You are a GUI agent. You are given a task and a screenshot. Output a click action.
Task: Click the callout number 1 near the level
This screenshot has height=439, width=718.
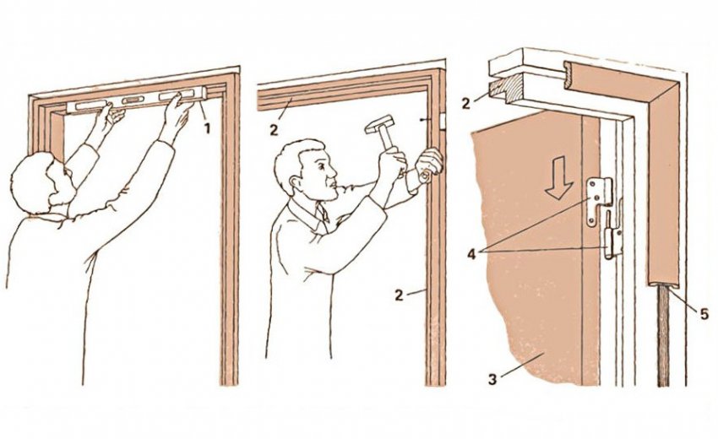(x=207, y=128)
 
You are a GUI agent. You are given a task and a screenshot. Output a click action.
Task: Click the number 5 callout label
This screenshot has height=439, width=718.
(x=704, y=314)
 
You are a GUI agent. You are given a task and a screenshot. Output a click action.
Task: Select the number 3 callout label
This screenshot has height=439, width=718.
(x=492, y=380)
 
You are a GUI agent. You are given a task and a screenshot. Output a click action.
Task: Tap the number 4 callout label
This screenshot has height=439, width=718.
(x=471, y=253)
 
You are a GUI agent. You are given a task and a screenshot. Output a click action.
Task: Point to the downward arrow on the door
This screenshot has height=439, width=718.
(x=558, y=183)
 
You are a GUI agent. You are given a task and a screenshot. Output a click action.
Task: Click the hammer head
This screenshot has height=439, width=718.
(x=379, y=123)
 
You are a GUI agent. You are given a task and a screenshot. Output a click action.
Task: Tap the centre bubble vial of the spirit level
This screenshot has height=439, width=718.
(x=133, y=100)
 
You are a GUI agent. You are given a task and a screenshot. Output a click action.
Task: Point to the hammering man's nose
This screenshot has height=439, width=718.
(x=335, y=173)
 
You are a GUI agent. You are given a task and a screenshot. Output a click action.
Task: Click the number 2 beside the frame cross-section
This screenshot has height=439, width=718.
(x=466, y=103)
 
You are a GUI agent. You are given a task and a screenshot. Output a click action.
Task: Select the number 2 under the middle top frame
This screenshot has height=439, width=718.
(x=274, y=130)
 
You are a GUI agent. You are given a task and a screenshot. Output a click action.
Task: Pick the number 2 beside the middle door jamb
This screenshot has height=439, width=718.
(x=399, y=295)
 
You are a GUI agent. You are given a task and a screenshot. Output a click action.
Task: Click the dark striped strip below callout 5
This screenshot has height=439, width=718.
(x=663, y=337)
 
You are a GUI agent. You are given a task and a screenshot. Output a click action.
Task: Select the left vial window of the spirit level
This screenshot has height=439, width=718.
(x=90, y=106)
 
